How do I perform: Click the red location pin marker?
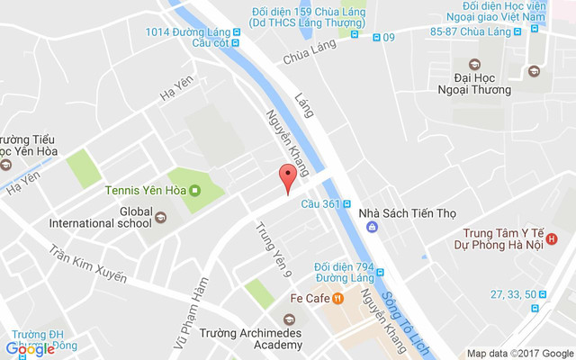288,177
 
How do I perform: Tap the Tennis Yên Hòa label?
145,191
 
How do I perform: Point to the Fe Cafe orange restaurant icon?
337,297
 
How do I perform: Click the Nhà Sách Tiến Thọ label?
408,213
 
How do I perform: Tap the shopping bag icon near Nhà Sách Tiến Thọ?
371,227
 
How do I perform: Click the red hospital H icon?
552,239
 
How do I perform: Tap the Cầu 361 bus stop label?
320,203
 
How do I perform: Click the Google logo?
29,348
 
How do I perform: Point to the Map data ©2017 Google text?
519,353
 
